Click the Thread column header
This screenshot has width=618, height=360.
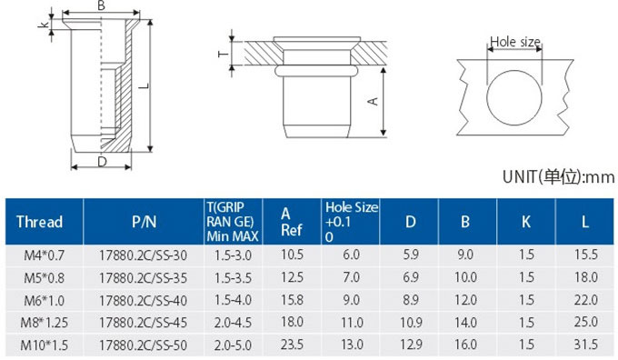(39, 222)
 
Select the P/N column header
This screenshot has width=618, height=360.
(144, 222)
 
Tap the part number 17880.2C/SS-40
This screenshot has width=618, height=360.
(143, 301)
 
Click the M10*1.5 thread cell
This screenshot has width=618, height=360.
(45, 345)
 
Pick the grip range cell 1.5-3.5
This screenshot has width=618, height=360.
(233, 278)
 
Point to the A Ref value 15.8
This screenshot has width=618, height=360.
(292, 300)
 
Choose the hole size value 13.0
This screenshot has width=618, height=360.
(352, 345)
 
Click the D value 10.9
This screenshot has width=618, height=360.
(411, 323)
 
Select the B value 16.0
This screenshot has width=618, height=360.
(465, 345)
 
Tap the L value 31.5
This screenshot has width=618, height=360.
(585, 345)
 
